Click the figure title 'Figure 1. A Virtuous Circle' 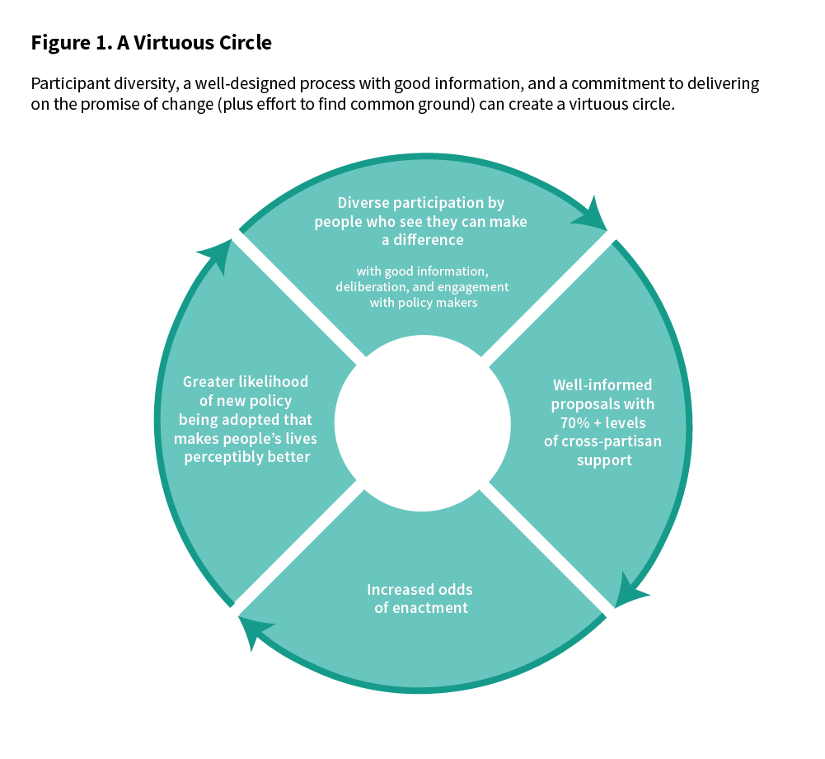151,43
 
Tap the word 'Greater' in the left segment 210,382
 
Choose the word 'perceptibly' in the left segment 219,456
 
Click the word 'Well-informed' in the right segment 602,385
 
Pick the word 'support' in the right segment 602,460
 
